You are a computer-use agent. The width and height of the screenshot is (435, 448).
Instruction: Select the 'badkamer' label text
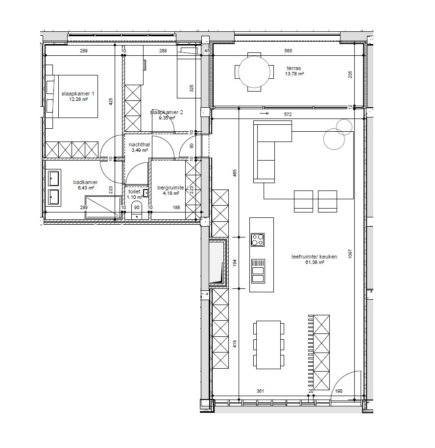[x=85, y=182]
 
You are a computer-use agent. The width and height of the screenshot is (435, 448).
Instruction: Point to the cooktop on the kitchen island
[x=258, y=240]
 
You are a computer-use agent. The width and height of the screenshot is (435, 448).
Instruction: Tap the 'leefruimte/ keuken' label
[x=308, y=256]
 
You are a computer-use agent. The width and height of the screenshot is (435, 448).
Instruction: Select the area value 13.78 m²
[x=294, y=74]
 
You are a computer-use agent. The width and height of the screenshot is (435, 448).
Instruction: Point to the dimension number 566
[x=288, y=51]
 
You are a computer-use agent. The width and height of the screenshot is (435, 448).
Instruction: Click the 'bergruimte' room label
[x=170, y=188]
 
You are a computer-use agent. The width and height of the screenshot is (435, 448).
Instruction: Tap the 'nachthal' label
[x=139, y=145]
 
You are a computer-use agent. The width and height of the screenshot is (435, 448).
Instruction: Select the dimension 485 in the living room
[x=235, y=173]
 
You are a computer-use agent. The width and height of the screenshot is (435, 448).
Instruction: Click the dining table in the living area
[x=268, y=345]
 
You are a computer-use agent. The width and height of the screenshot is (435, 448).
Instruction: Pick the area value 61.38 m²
[x=308, y=262]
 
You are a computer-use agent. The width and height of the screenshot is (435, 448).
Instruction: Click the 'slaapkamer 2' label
[x=166, y=112]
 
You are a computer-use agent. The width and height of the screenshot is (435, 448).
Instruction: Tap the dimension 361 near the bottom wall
[x=260, y=391]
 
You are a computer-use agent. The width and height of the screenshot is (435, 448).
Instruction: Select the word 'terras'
[x=294, y=69]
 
